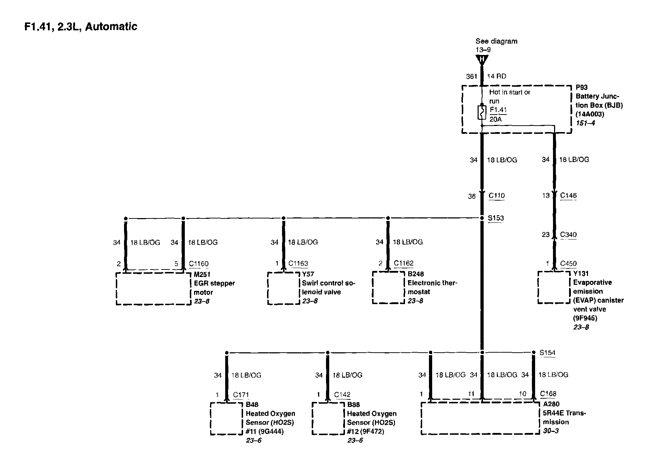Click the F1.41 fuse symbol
[482, 112]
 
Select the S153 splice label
[496, 218]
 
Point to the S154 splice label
[547, 353]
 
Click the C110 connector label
[497, 196]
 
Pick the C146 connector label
[568, 195]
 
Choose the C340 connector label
[568, 235]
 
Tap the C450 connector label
[568, 263]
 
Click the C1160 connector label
[199, 264]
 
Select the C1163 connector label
[298, 263]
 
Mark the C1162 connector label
[404, 263]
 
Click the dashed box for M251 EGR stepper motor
[153, 289]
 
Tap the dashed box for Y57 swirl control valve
[283, 288]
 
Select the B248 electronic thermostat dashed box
[388, 288]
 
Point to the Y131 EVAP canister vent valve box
[554, 287]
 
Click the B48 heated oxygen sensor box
[226, 419]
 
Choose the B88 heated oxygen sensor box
[328, 419]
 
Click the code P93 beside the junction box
[582, 87]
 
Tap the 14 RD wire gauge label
[497, 76]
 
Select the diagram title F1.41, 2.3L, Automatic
[81, 27]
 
